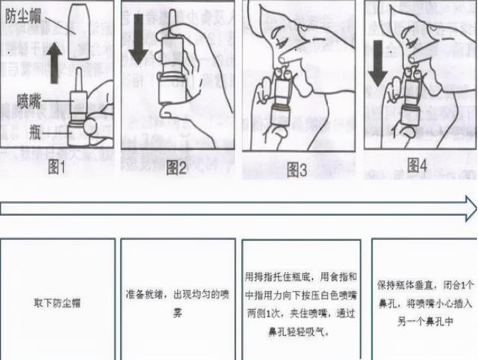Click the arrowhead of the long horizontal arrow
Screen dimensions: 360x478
pos(468,205)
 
